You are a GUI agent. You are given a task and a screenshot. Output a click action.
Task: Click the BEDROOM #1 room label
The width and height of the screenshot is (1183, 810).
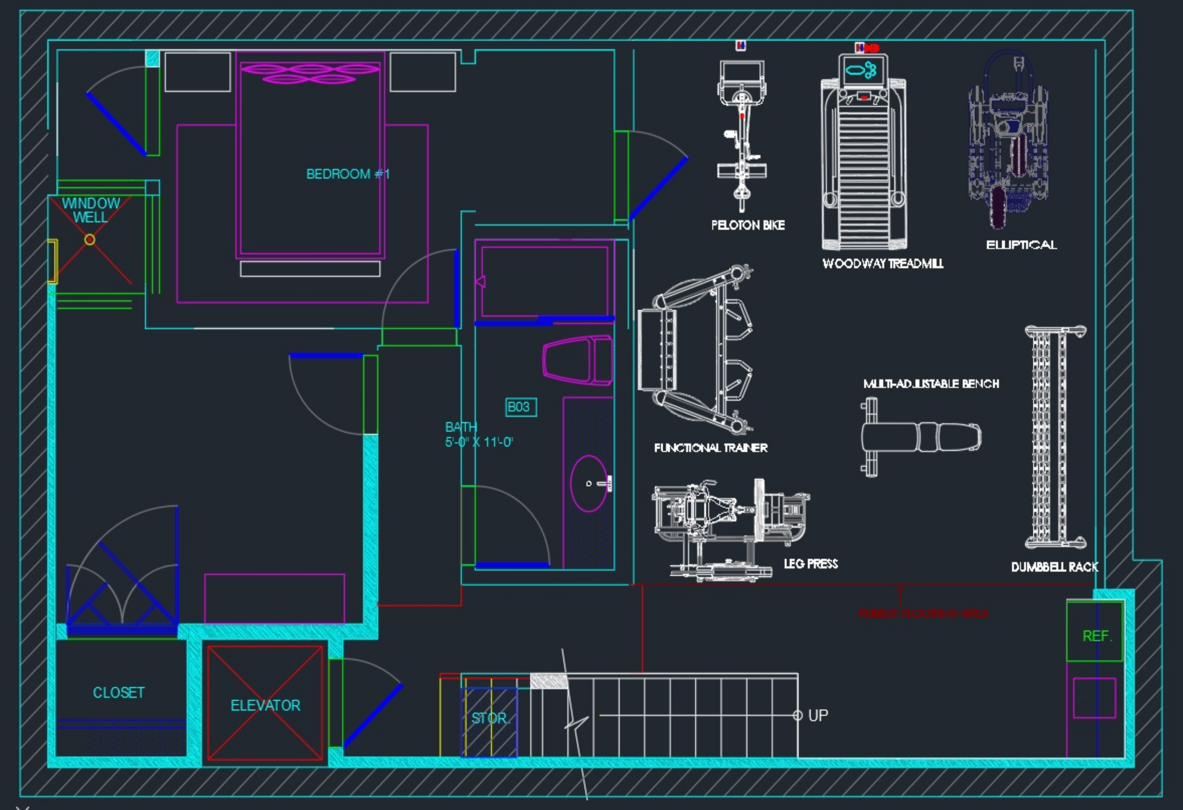[x=348, y=174]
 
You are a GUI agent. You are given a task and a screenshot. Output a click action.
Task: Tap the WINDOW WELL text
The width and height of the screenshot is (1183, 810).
[x=90, y=210]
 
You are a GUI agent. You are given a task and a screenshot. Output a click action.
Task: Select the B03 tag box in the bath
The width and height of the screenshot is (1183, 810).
[x=520, y=407]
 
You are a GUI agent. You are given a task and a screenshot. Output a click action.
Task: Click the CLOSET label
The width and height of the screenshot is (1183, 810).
[x=119, y=693]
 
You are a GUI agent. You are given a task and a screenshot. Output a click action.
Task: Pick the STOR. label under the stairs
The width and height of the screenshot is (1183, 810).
[x=490, y=718]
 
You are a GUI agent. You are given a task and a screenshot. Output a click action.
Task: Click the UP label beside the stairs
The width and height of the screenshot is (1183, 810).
[x=818, y=715]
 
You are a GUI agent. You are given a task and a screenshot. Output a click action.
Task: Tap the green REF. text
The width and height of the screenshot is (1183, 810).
[x=1097, y=636]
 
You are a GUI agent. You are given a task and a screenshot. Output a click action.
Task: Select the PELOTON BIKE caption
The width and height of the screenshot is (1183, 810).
[x=748, y=225]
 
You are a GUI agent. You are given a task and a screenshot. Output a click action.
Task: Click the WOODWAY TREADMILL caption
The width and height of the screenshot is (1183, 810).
[x=883, y=263]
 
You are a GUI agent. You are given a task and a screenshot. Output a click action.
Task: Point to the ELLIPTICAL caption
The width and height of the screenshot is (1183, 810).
[x=1021, y=245]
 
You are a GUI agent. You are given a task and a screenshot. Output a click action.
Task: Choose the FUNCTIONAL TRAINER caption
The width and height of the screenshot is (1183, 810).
[x=711, y=447]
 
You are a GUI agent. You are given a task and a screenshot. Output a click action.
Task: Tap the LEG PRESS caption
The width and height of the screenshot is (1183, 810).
[x=811, y=563]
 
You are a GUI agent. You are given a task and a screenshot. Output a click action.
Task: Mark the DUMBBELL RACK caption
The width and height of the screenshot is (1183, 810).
[x=1054, y=567]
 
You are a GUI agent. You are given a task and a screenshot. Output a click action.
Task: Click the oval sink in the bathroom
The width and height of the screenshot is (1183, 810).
[x=589, y=483]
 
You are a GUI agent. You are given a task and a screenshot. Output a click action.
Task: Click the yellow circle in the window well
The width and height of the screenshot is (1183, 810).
[x=89, y=239]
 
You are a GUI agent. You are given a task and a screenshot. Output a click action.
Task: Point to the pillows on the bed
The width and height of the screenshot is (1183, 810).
[x=310, y=73]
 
